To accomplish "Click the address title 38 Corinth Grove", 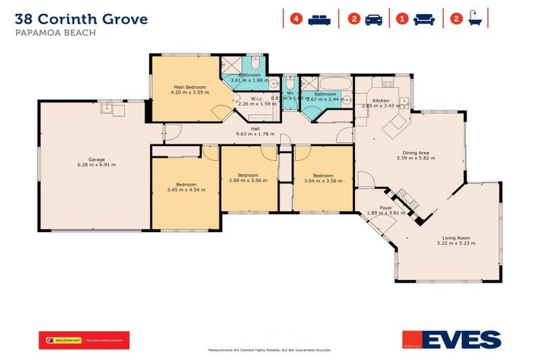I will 81,19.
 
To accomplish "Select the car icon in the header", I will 374,19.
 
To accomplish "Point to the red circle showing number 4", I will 296,19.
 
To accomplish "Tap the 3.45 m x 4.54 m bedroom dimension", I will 186,189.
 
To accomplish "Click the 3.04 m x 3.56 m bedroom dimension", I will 323,181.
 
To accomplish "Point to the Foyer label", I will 386,207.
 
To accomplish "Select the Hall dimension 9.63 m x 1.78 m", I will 251,134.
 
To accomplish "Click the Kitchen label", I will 380,101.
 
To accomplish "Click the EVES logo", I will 451,340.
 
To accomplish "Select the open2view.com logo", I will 63,340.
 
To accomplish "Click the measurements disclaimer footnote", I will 270,349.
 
